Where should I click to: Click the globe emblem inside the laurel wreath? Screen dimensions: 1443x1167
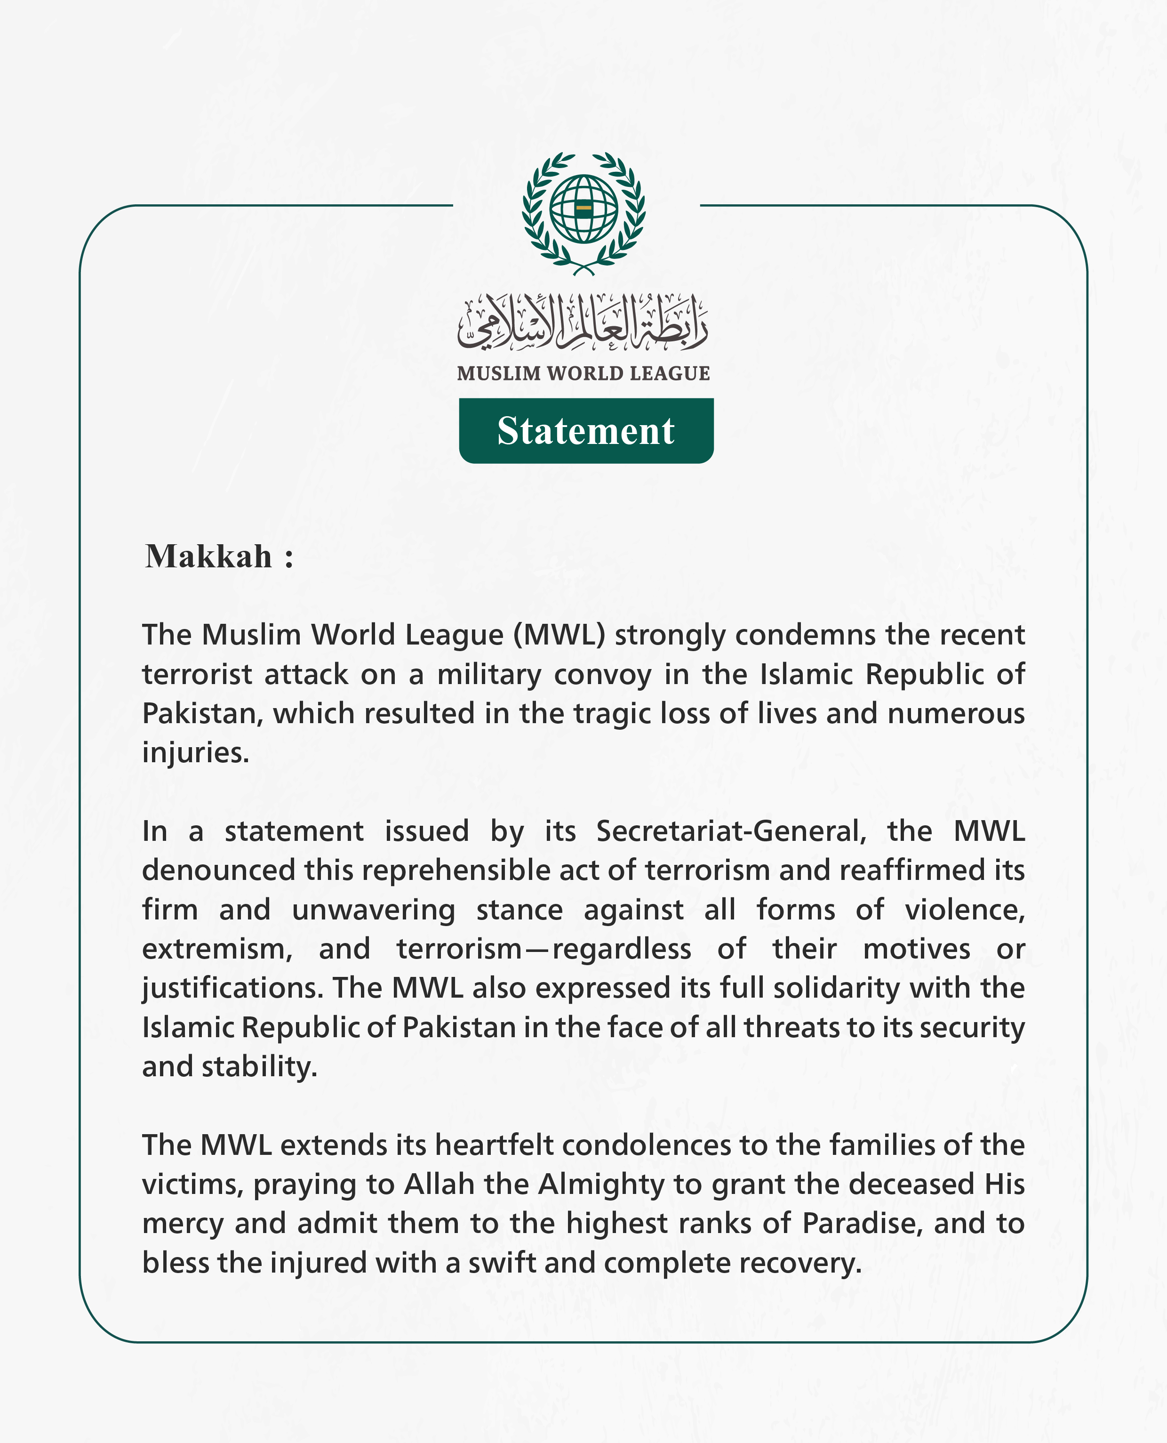(x=583, y=209)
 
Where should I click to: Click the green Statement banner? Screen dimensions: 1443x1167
(x=586, y=430)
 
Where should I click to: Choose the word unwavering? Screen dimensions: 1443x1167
(x=373, y=910)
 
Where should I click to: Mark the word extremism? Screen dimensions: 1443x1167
(x=216, y=949)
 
